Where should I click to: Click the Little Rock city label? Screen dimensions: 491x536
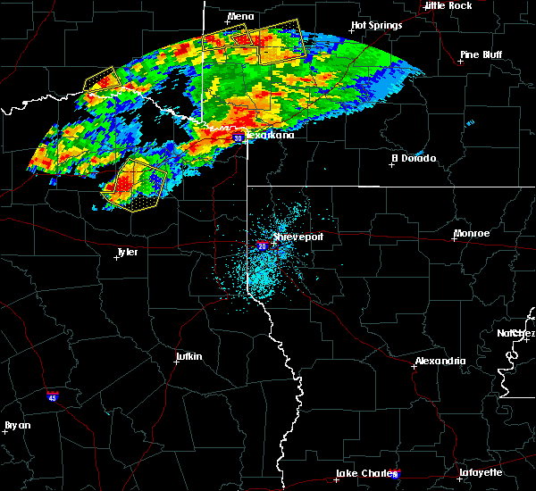(448, 5)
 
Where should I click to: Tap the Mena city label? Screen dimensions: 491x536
(240, 16)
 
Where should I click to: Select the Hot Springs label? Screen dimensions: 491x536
(377, 25)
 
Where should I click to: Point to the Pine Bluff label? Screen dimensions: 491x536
(480, 54)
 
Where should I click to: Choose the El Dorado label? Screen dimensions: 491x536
(415, 158)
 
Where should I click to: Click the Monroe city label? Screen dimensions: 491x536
(471, 233)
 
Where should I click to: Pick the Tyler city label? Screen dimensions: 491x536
(128, 253)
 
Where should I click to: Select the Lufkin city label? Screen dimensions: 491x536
(188, 357)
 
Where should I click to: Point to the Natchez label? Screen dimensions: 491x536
(516, 333)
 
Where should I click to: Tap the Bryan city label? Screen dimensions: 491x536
(18, 425)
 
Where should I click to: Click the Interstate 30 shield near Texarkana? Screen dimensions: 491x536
(238, 138)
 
